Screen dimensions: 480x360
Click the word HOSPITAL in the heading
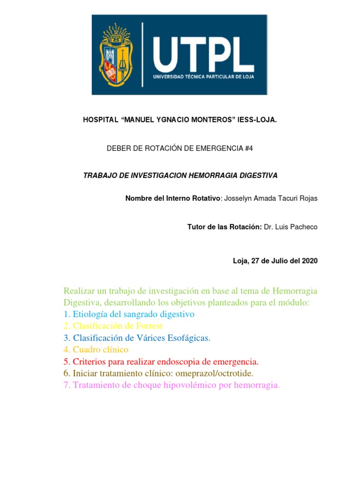pyautogui.click(x=100, y=120)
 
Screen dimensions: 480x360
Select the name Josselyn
pyautogui.click(x=239, y=198)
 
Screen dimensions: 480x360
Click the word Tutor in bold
pyautogui.click(x=196, y=227)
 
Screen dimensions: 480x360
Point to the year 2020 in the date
pyautogui.click(x=309, y=261)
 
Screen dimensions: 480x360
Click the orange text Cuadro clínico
pyautogui.click(x=100, y=350)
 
